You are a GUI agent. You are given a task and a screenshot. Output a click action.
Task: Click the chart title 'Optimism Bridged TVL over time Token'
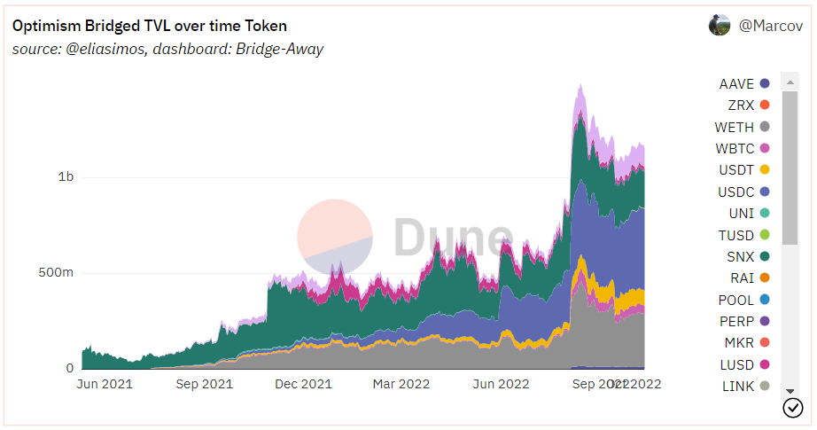click(150, 26)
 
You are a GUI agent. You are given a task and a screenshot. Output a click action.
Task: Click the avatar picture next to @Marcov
click(720, 26)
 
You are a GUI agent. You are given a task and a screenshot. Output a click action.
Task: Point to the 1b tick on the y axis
click(65, 176)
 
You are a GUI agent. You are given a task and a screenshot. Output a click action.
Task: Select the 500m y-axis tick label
click(56, 272)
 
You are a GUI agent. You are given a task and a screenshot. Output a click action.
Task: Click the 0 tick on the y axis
click(69, 368)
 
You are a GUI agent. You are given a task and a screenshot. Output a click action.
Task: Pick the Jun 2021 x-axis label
click(105, 384)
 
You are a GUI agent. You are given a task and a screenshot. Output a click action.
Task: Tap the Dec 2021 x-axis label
click(303, 384)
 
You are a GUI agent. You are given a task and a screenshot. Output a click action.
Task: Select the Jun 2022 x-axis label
click(501, 384)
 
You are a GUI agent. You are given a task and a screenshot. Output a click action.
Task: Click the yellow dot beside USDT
click(765, 170)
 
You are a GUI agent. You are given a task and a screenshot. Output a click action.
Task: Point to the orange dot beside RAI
click(765, 278)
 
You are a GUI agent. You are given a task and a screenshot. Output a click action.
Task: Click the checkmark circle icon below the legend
click(793, 408)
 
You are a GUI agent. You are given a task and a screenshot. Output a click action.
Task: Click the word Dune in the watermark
click(452, 238)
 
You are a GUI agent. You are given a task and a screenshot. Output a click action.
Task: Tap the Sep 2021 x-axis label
click(205, 384)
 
